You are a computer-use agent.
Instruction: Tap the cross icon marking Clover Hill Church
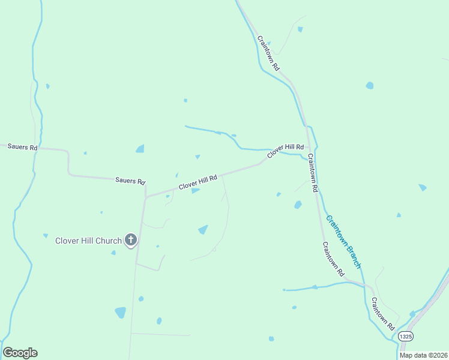131,241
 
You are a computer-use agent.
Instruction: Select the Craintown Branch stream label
343,241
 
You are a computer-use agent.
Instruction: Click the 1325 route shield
406,337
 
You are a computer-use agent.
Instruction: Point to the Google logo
20,353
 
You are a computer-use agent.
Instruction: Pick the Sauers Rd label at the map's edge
23,147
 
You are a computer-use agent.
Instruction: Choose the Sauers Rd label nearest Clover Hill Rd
130,181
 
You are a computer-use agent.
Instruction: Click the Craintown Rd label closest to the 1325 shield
382,314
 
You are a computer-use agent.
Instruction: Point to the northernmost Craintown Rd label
268,53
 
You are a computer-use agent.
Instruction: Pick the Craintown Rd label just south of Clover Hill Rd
312,172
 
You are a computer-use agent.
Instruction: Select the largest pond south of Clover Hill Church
121,313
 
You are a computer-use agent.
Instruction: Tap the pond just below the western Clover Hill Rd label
195,191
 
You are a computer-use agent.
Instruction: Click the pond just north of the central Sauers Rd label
140,149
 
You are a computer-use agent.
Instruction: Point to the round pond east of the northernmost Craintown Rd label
369,85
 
